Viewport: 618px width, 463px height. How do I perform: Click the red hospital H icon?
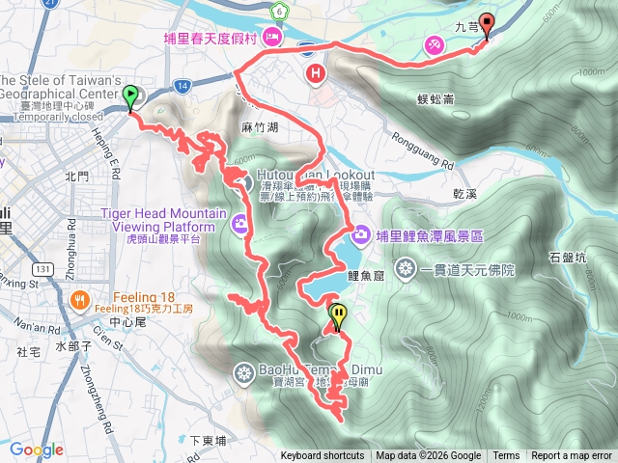315,72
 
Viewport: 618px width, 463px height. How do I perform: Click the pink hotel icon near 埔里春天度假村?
272,38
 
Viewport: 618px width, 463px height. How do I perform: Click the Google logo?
37,449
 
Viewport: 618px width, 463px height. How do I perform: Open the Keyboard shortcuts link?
323,456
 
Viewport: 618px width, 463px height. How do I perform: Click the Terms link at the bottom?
506,456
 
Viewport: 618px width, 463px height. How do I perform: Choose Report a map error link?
572,456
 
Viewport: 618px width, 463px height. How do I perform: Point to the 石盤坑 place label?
567,257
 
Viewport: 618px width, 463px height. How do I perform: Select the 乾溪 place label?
467,194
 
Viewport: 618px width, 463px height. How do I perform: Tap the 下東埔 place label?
207,440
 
